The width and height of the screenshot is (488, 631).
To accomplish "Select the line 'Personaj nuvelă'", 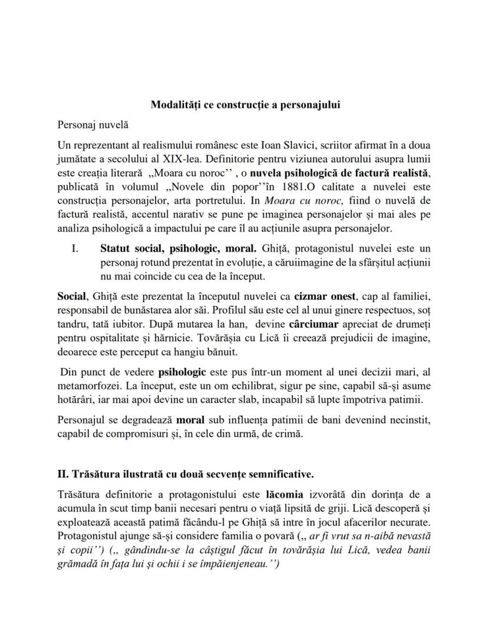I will [x=93, y=125].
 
